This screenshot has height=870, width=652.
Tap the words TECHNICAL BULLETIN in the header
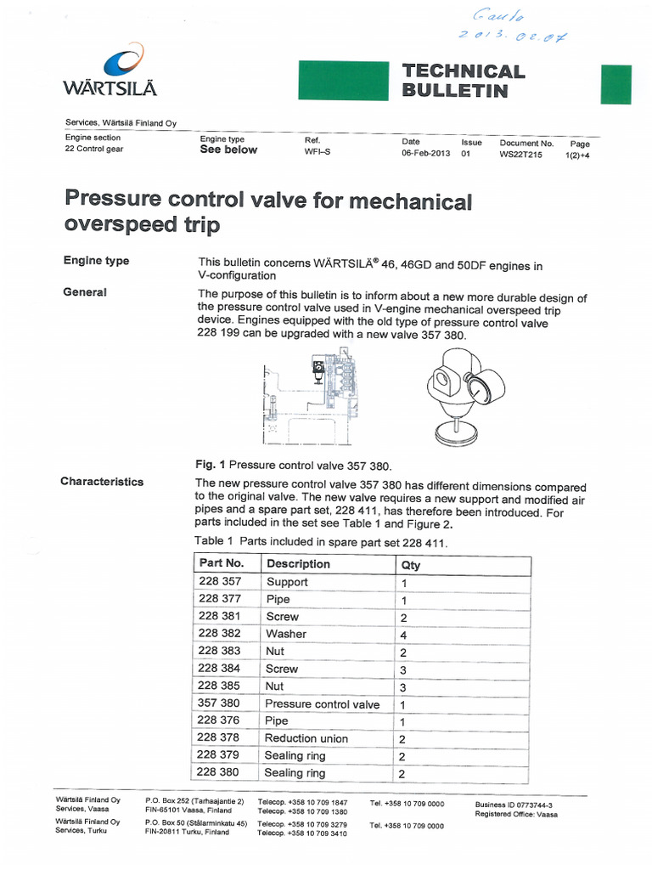coord(463,81)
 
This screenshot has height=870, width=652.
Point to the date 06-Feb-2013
coord(425,154)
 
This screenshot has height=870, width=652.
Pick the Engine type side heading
coord(95,261)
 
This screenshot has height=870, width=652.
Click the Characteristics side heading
coord(102,482)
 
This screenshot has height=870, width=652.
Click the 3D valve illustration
coord(462,393)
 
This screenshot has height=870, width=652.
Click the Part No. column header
coord(221,564)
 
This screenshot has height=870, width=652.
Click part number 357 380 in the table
coord(219,703)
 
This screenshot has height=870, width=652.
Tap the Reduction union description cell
coord(306,738)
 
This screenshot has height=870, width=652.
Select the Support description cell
coord(287,582)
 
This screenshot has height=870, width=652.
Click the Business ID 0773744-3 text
coord(514,805)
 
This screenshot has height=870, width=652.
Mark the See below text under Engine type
coord(228,150)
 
